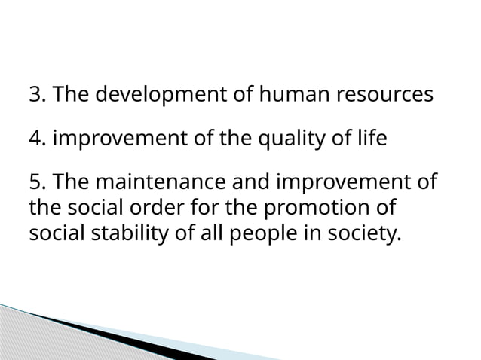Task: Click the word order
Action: click(154, 206)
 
